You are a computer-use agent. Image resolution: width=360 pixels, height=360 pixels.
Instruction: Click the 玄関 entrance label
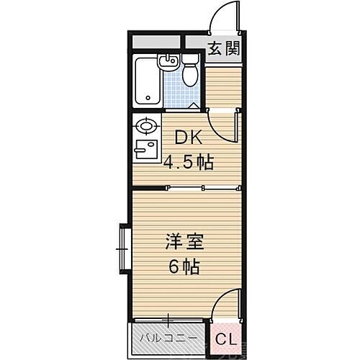tap(223, 49)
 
